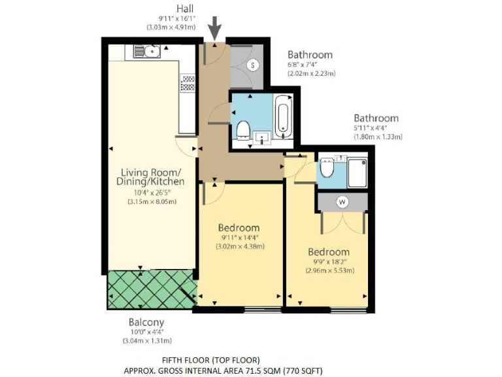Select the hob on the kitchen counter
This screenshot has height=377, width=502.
tap(188, 82)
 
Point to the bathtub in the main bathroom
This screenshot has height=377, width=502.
tap(283, 117)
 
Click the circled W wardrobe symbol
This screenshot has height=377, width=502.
tap(342, 202)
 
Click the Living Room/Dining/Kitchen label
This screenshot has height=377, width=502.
tap(150, 177)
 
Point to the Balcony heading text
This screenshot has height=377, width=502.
tap(146, 322)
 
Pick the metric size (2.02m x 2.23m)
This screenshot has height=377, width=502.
tap(312, 74)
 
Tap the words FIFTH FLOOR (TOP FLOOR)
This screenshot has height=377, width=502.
tap(210, 360)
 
